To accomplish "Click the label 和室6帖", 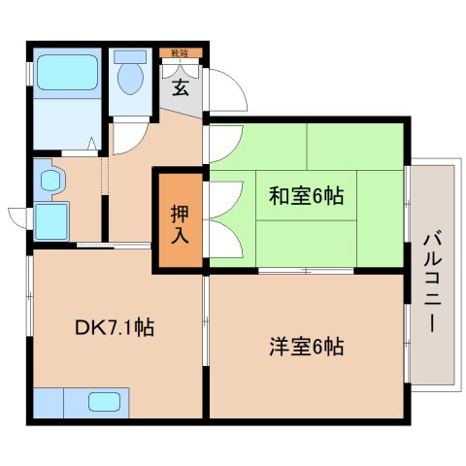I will [307, 194].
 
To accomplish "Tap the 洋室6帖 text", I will [306, 345].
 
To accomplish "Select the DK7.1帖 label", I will [115, 329].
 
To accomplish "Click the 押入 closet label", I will [180, 223].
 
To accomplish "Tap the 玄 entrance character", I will [181, 88].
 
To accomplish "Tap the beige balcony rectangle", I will [431, 277].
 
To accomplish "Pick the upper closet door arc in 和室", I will [221, 153].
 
